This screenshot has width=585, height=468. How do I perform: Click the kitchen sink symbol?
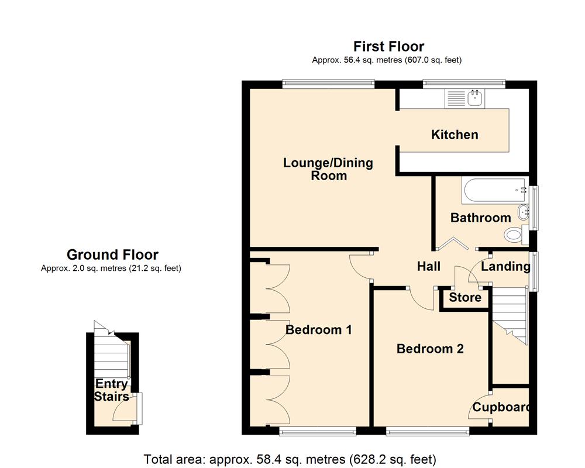463,99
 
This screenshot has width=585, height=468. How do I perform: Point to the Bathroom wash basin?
522,212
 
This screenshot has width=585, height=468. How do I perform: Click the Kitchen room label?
455,135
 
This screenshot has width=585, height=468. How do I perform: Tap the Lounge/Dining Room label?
328,169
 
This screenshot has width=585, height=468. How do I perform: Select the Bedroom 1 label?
318,330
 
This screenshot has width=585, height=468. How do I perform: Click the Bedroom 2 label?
430,349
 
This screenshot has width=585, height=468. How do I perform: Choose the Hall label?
428,267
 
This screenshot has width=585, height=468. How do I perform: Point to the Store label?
465,298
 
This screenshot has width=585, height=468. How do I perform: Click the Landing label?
505,267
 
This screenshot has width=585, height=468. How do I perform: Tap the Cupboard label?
501,408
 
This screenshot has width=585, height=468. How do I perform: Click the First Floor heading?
388,46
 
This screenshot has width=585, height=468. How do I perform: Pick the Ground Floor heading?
112,254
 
